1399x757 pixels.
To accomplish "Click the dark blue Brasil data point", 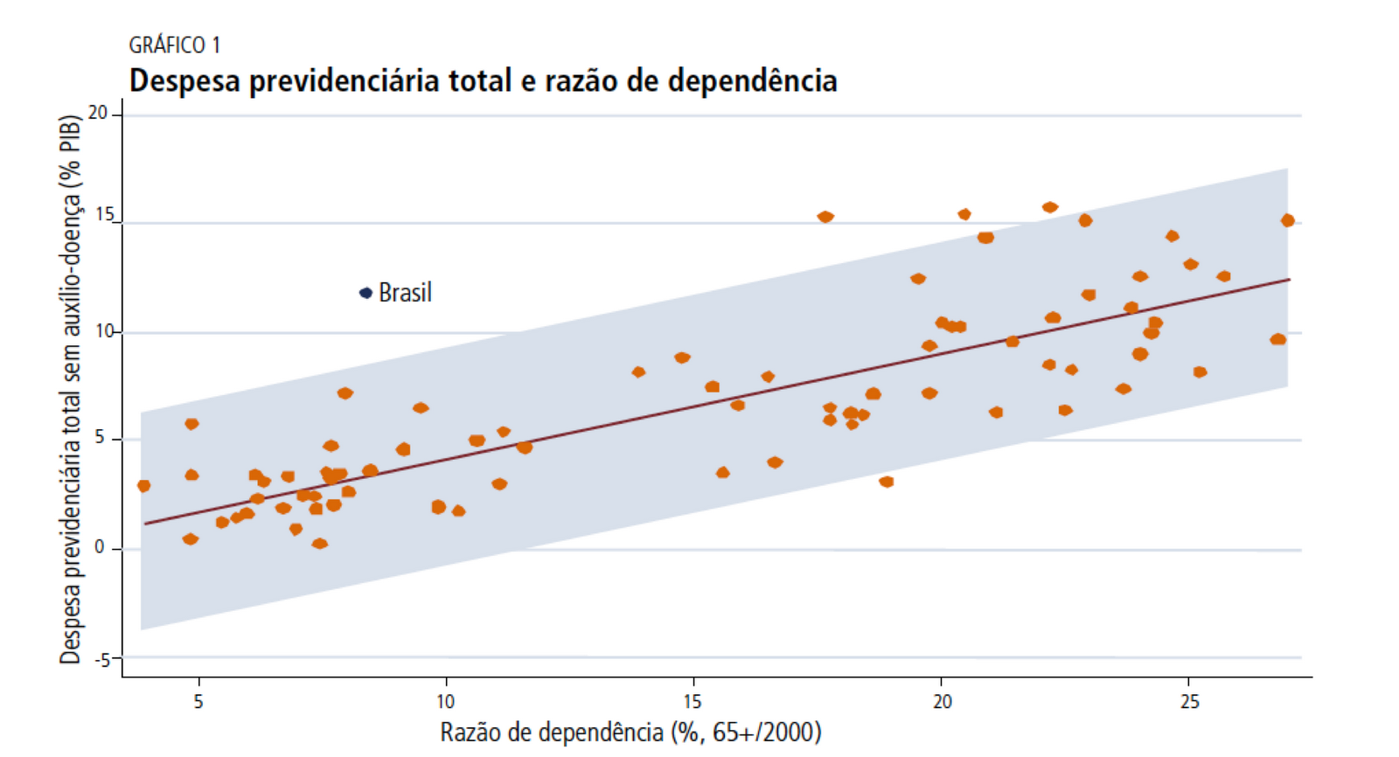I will point(366,293).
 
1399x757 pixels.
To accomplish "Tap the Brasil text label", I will point(405,293).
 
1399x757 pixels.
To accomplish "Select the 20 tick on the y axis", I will point(97,113).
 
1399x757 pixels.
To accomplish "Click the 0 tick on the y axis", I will point(100,547).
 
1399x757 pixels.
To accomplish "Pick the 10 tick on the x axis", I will point(445,701).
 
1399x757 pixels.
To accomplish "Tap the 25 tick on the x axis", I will point(1189,701).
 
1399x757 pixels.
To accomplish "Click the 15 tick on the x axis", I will point(693,701).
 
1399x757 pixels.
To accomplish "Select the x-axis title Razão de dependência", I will point(630,733).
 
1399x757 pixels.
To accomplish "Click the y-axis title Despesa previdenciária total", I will point(71,389).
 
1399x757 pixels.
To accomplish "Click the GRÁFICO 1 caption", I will point(174,45).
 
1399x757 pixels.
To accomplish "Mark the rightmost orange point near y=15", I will point(1287,220).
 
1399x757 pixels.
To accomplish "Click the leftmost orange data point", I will point(144,485).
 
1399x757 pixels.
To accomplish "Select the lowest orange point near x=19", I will point(886,482).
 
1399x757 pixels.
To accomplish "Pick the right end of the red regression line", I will point(1289,280).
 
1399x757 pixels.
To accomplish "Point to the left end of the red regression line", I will point(146,524).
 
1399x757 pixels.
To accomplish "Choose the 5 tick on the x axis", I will point(198,701).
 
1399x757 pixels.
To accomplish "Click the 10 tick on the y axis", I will point(104,331).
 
